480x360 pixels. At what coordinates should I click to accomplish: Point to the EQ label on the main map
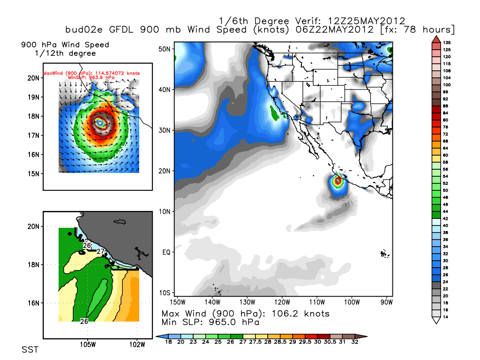[x=166, y=252]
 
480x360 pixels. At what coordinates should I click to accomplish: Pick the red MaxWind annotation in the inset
[x=91, y=73]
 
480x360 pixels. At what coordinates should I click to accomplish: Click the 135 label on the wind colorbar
[x=446, y=43]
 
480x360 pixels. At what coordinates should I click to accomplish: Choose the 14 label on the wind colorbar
[x=446, y=317]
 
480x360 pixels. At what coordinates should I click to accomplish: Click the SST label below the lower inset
[x=30, y=350]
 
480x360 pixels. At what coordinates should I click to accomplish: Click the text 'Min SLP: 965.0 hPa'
[x=210, y=322]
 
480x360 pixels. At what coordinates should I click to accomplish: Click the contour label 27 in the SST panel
[x=100, y=252]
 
